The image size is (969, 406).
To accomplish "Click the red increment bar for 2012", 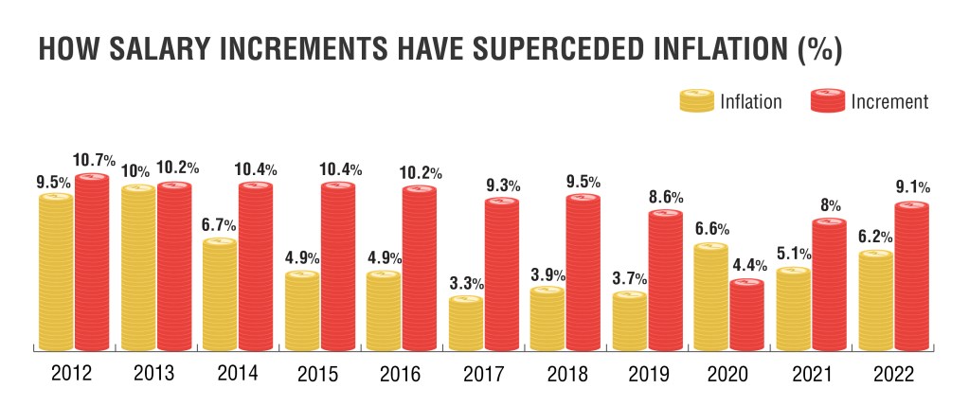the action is click(92, 262).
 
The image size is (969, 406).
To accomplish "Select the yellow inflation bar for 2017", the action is click(466, 324).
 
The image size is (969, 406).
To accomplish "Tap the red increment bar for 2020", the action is click(747, 315).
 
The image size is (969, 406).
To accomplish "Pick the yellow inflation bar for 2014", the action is click(220, 294).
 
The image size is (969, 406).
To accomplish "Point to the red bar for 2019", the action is click(666, 280).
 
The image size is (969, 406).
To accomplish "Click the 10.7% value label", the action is click(94, 161).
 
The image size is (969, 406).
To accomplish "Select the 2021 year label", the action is click(810, 374).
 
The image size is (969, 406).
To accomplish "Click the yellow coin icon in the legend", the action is click(697, 100).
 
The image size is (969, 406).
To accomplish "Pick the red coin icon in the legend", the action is click(828, 100).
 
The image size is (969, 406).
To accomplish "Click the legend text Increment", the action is click(889, 101).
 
